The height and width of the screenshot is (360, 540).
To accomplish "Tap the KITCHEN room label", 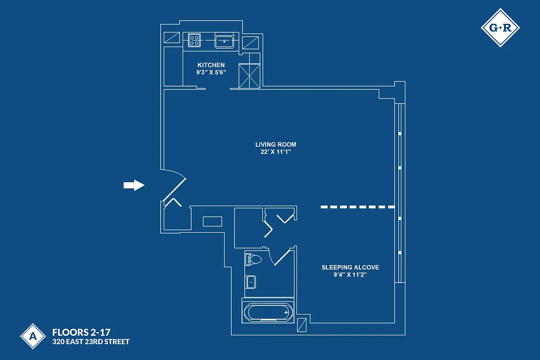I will click(x=211, y=65).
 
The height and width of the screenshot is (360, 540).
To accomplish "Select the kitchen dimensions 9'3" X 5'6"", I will click(x=211, y=72).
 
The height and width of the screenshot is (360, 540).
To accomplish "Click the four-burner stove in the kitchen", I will click(x=194, y=40).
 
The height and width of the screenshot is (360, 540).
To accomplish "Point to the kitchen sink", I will click(x=224, y=40).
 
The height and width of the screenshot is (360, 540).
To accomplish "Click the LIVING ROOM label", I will click(x=276, y=144).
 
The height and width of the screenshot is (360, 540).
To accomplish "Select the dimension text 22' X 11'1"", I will click(x=276, y=152).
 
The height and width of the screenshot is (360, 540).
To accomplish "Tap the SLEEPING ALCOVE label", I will click(x=350, y=267).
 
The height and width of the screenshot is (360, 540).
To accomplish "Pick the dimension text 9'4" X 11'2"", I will click(x=350, y=274).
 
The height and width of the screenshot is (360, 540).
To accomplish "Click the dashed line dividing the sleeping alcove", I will click(x=358, y=207).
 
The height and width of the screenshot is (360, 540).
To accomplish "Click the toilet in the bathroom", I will click(x=253, y=260).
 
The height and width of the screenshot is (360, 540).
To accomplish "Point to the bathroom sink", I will click(x=250, y=282).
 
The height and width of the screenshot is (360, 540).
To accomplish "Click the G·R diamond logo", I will click(x=500, y=28).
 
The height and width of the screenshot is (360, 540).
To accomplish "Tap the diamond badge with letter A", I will click(x=32, y=336).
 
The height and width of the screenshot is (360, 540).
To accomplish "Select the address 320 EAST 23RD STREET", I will click(x=91, y=342).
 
